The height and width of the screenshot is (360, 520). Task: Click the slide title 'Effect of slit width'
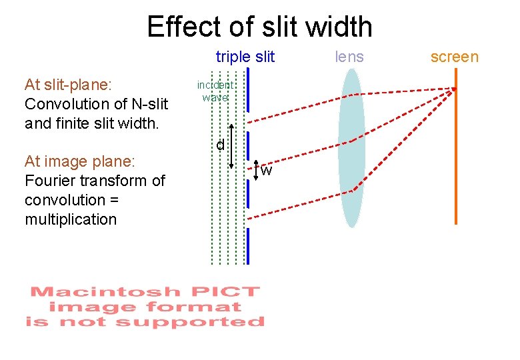tap(259, 27)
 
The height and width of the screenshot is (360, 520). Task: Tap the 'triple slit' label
tap(245, 57)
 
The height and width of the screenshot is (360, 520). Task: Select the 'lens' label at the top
tap(349, 57)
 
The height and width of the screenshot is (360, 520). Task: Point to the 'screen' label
tap(454, 57)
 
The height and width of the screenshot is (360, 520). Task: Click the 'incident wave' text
tap(215, 91)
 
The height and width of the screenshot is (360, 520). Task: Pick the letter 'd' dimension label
tap(219, 145)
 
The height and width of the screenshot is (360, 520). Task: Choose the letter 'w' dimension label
tap(266, 171)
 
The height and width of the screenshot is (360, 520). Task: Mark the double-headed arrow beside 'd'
tap(231, 146)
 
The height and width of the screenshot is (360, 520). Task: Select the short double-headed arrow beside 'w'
tap(257, 171)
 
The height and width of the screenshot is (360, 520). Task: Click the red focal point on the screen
tap(455, 89)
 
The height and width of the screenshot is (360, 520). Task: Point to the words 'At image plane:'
tap(79, 161)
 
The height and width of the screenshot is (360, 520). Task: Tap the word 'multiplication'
tap(70, 219)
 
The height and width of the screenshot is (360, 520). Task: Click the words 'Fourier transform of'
tap(94, 181)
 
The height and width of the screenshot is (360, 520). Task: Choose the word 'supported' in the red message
tap(190, 322)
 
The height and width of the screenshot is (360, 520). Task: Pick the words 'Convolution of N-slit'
tap(95, 104)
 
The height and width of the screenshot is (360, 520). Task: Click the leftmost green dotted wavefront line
tap(212, 167)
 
